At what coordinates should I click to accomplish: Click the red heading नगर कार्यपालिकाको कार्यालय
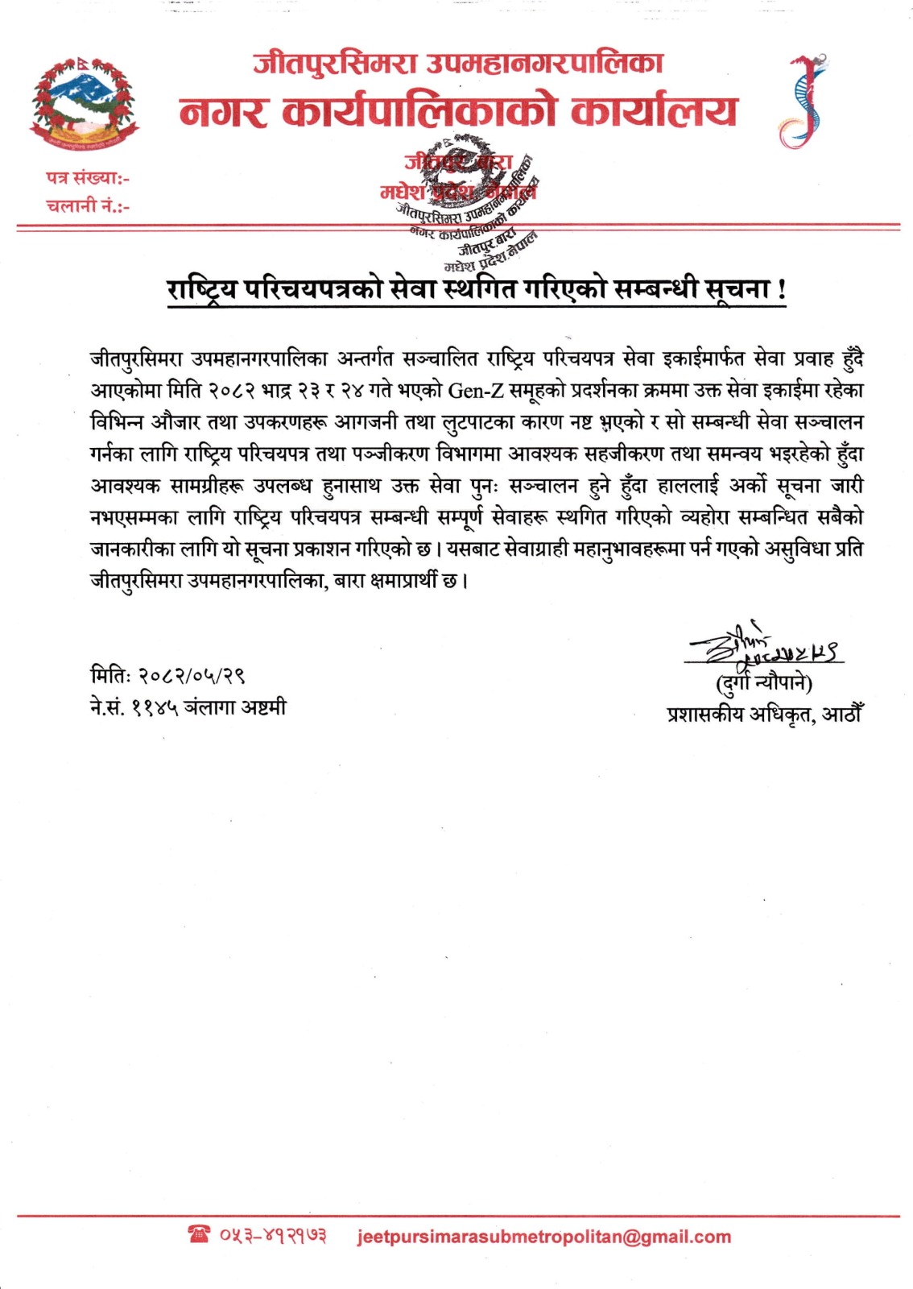coord(457,112)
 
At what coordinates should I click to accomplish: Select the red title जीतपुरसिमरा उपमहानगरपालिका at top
coord(457,63)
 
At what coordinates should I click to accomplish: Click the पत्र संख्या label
coord(87,178)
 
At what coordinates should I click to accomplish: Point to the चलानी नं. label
coord(87,205)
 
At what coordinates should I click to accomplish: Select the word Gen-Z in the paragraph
coord(475,391)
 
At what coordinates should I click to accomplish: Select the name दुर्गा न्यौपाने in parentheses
coord(764,684)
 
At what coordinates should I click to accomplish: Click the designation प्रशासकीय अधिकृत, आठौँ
coord(764,714)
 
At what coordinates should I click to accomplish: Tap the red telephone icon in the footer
coord(198,1234)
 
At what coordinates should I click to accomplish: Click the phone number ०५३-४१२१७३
coord(273,1236)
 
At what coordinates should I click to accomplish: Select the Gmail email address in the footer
coord(543,1237)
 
